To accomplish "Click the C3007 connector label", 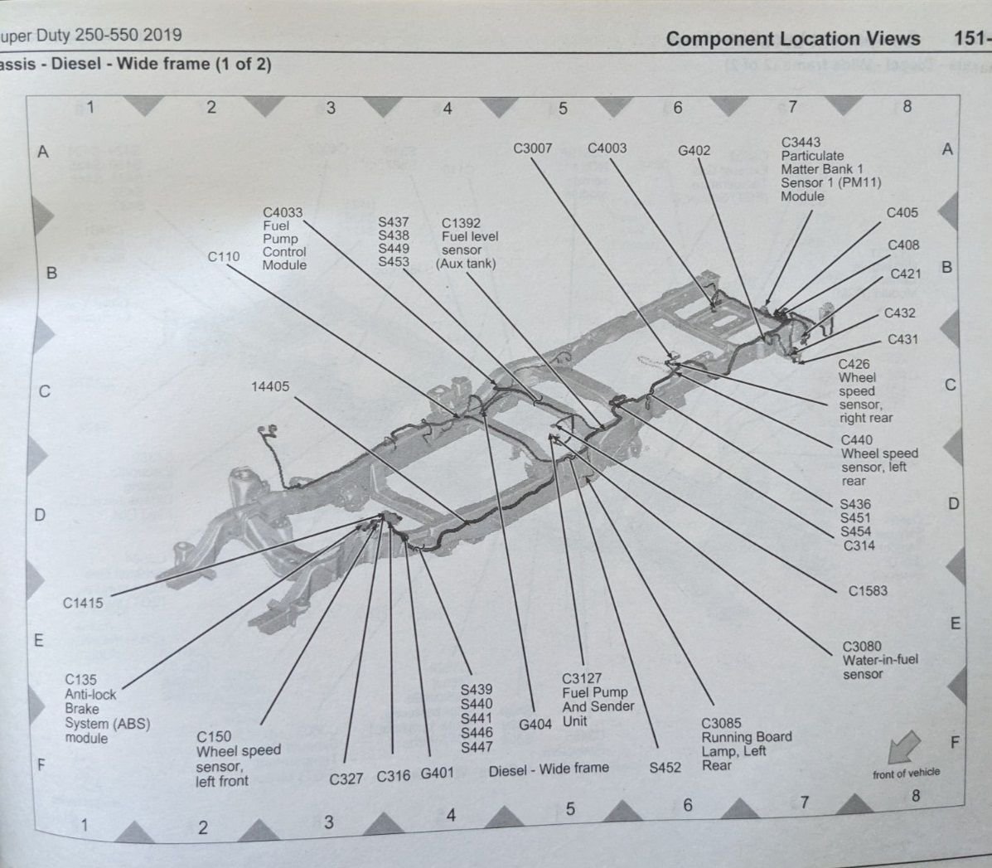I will (x=532, y=148).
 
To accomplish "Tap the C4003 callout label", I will (x=607, y=148).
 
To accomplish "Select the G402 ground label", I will (x=694, y=151).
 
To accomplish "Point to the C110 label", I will (x=223, y=257).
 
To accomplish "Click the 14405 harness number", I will (x=270, y=386).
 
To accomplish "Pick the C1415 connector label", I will (x=83, y=603).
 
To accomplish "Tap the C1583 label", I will (x=867, y=591).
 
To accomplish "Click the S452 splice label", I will (x=665, y=768).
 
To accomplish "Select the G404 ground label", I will (x=535, y=725).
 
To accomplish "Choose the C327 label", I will (x=346, y=779).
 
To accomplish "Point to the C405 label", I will (x=902, y=213).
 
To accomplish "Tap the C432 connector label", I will (x=899, y=313).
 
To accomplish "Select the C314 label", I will (x=859, y=546).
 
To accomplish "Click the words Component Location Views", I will (x=792, y=39).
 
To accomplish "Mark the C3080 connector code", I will (x=862, y=647).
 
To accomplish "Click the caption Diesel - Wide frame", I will (x=548, y=769).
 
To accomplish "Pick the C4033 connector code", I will (x=283, y=212).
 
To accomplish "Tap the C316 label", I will (x=393, y=777).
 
